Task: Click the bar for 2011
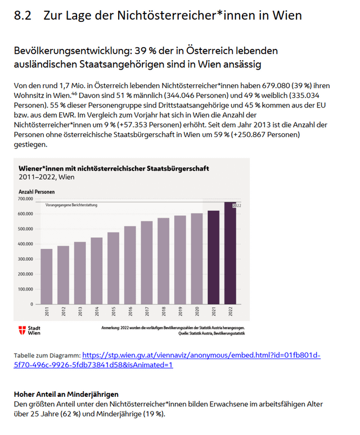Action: pos(46,277)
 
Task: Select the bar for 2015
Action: pos(113,268)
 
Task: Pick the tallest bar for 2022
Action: pos(230,253)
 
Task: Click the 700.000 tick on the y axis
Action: pos(26,199)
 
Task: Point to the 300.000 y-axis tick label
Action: pos(26,259)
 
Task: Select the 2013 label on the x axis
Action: pos(80,312)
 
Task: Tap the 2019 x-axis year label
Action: pos(180,312)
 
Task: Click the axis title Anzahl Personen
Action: pos(37,192)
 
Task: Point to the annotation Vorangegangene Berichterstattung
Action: pos(71,205)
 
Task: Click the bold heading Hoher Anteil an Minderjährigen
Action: pos(66,395)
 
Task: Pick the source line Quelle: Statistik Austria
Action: pos(211,333)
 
